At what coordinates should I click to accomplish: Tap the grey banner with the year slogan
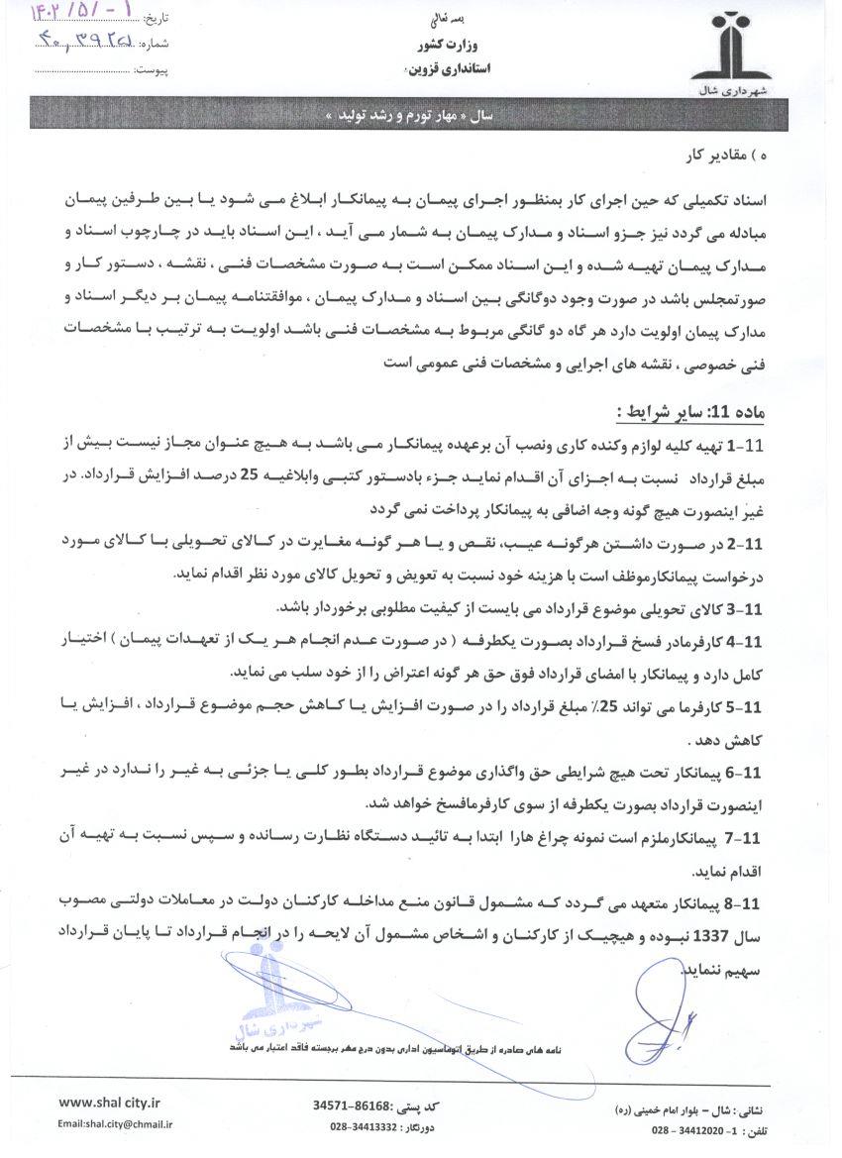[409, 115]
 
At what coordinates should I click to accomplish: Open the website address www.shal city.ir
[110, 1102]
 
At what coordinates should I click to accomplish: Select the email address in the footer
[115, 1124]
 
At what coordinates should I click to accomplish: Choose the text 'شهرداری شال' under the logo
[739, 88]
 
